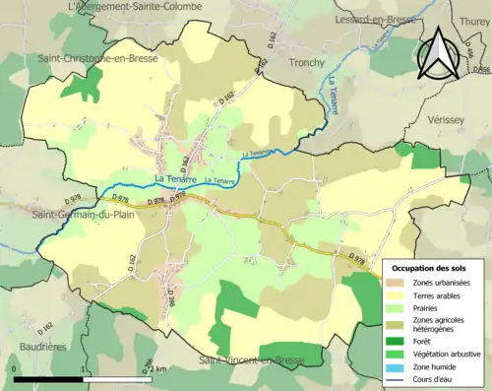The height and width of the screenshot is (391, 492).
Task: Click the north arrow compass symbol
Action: tap(439, 52)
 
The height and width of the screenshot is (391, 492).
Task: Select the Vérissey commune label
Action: tap(450, 117)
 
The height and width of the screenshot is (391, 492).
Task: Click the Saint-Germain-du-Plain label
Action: tap(82, 215)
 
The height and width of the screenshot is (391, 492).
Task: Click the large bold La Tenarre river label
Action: tap(176, 178)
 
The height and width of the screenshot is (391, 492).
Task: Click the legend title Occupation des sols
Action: tap(431, 268)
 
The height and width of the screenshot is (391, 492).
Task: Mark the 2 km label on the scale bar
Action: tap(161, 368)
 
